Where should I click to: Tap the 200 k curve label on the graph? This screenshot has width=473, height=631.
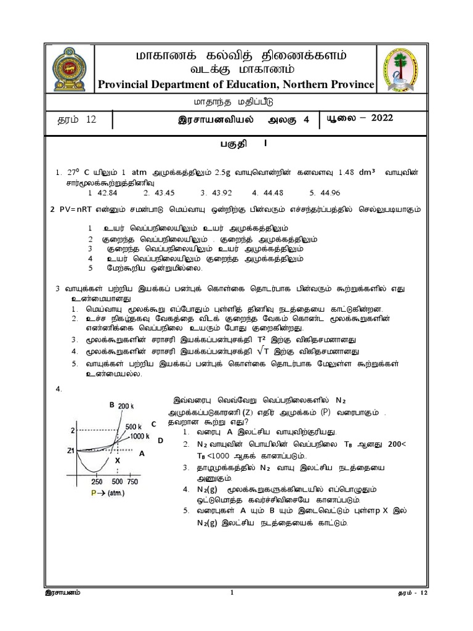[x=126, y=405]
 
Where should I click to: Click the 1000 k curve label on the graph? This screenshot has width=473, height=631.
[x=138, y=435]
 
